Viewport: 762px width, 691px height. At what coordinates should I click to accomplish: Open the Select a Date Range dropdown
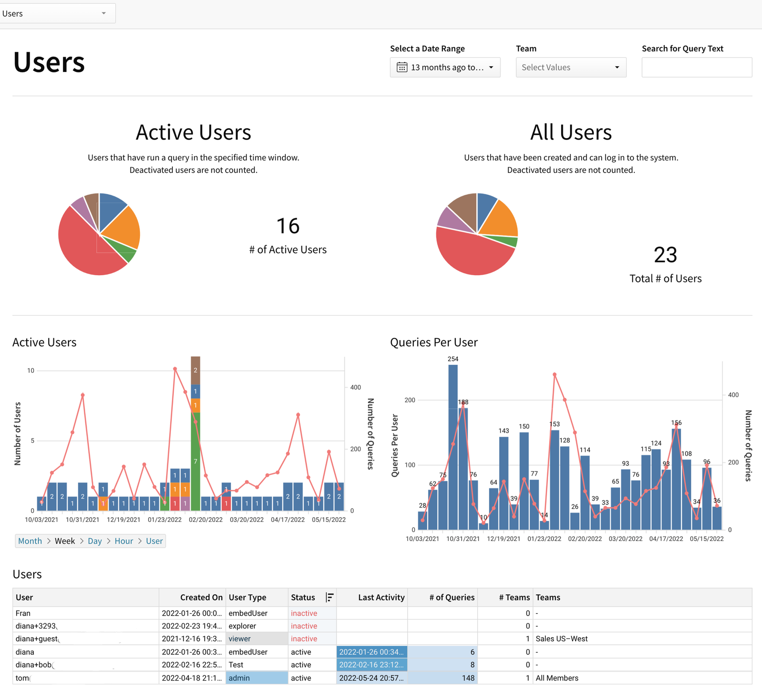pos(445,68)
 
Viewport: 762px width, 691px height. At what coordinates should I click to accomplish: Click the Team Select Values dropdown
pos(571,68)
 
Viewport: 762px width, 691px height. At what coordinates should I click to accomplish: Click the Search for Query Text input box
pos(696,68)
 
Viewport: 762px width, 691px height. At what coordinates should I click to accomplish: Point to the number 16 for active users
pos(288,226)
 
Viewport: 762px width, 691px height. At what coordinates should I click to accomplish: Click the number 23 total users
pos(665,255)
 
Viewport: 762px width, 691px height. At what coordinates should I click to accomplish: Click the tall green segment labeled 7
pos(195,461)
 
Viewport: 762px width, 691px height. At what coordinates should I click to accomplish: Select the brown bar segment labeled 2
pos(195,370)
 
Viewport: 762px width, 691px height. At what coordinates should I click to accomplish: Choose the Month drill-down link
pos(30,541)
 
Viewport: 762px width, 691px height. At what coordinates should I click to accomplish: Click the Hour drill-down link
pos(124,541)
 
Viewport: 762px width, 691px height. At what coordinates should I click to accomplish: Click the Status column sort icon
pos(329,597)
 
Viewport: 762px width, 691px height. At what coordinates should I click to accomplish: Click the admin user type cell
pos(256,678)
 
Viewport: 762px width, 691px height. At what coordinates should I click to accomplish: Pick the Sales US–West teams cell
pos(561,639)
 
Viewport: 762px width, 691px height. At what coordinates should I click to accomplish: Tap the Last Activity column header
pos(381,597)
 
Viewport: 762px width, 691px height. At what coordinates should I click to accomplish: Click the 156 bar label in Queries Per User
pos(676,423)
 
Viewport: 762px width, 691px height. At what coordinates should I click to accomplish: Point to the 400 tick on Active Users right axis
pos(355,387)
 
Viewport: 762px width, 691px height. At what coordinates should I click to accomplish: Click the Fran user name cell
pos(23,613)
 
